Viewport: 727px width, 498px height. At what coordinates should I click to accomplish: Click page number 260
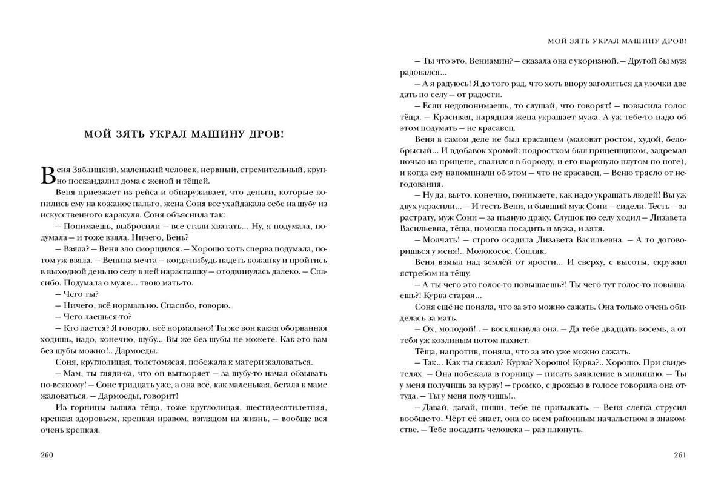(x=47, y=455)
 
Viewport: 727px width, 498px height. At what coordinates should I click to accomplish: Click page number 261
(x=680, y=455)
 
